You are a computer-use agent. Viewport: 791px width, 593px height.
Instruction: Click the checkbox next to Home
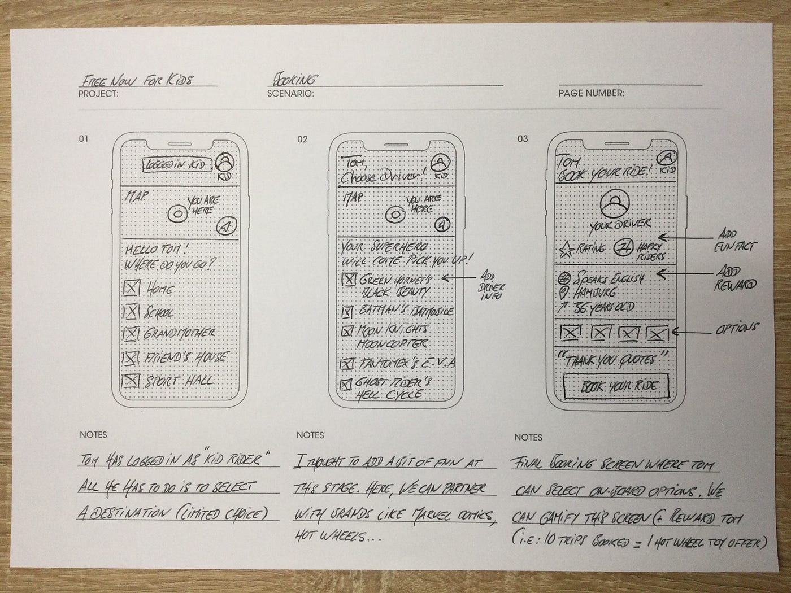[x=131, y=289]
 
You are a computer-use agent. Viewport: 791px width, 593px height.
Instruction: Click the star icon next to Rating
[x=564, y=248]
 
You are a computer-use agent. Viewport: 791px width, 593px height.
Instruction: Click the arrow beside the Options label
[x=692, y=332]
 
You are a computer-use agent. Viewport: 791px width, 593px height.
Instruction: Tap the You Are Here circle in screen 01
[x=178, y=214]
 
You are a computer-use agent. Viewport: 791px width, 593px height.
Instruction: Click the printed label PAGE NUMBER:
[x=592, y=93]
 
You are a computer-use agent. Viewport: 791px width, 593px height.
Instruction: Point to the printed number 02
[x=302, y=139]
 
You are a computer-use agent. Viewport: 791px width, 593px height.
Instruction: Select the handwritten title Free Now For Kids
[x=137, y=80]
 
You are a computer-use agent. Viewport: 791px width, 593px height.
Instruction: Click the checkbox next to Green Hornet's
[x=349, y=279]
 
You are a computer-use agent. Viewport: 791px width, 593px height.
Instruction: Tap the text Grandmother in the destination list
[x=179, y=333]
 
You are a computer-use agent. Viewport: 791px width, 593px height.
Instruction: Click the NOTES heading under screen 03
[x=528, y=437]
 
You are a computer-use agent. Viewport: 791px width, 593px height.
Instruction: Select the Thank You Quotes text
[x=609, y=359]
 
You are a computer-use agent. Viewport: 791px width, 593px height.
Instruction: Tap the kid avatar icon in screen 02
[x=440, y=164]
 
